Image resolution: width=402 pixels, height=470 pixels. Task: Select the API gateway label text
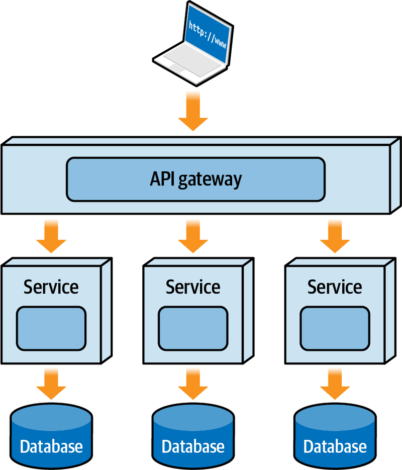pyautogui.click(x=196, y=179)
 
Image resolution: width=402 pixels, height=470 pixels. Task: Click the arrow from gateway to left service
pyautogui.click(x=51, y=236)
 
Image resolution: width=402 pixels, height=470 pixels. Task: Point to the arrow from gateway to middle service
pyautogui.click(x=192, y=236)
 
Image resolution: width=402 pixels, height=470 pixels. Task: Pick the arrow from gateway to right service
pyautogui.click(x=334, y=236)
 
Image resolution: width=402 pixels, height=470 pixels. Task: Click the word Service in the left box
pyautogui.click(x=51, y=287)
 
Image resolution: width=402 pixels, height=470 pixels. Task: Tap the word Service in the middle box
pyautogui.click(x=193, y=287)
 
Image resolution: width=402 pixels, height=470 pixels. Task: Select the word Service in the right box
pyautogui.click(x=335, y=287)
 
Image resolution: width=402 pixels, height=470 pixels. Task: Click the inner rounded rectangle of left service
pyautogui.click(x=51, y=328)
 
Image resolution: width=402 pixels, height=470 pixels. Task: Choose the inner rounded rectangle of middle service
pyautogui.click(x=193, y=328)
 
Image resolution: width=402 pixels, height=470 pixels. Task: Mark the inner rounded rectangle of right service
pyautogui.click(x=335, y=328)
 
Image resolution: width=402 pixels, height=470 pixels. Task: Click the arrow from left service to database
pyautogui.click(x=51, y=385)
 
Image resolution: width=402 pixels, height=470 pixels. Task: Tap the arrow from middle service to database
pyautogui.click(x=192, y=385)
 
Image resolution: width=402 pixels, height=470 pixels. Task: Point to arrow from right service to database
pyautogui.click(x=334, y=385)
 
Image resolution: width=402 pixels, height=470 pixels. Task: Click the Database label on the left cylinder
pyautogui.click(x=51, y=446)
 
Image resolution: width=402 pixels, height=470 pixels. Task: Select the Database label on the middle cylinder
pyautogui.click(x=193, y=446)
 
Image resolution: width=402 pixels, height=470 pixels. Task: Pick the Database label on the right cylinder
pyautogui.click(x=335, y=446)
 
